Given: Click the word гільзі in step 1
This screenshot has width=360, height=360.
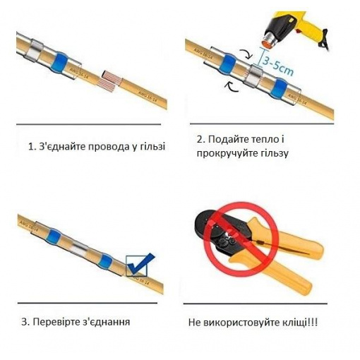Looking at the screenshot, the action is [x=152, y=147].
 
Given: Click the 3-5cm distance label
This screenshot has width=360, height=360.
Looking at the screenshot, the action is [x=278, y=66].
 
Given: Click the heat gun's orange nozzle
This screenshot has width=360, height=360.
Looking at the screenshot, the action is [x=268, y=42].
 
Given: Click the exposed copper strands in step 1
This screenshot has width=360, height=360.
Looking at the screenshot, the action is [x=109, y=80].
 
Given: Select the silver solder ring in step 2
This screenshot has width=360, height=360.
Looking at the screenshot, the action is [x=253, y=76].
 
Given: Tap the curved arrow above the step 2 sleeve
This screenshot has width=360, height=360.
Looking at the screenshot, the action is [x=246, y=54].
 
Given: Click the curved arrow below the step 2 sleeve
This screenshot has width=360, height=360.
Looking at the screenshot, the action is [x=232, y=87].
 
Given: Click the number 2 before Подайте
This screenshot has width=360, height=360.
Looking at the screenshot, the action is [x=200, y=140].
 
